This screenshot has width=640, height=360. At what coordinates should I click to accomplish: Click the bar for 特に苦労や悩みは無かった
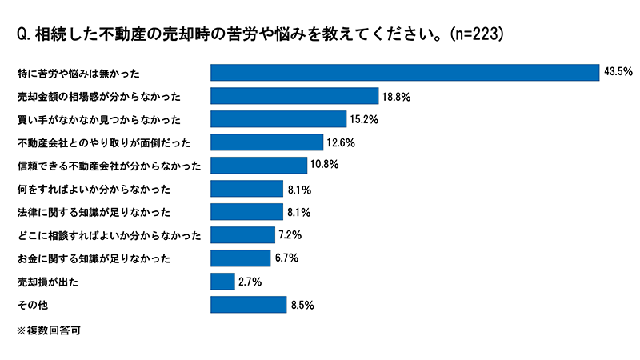(404, 73)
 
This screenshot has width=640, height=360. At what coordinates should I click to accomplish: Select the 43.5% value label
(618, 73)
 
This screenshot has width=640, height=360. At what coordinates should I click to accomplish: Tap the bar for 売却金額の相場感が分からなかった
(294, 96)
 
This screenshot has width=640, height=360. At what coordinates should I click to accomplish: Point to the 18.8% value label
(396, 96)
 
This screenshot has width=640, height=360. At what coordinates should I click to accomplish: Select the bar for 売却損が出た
(222, 282)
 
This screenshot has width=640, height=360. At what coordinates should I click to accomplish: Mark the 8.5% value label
(304, 305)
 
